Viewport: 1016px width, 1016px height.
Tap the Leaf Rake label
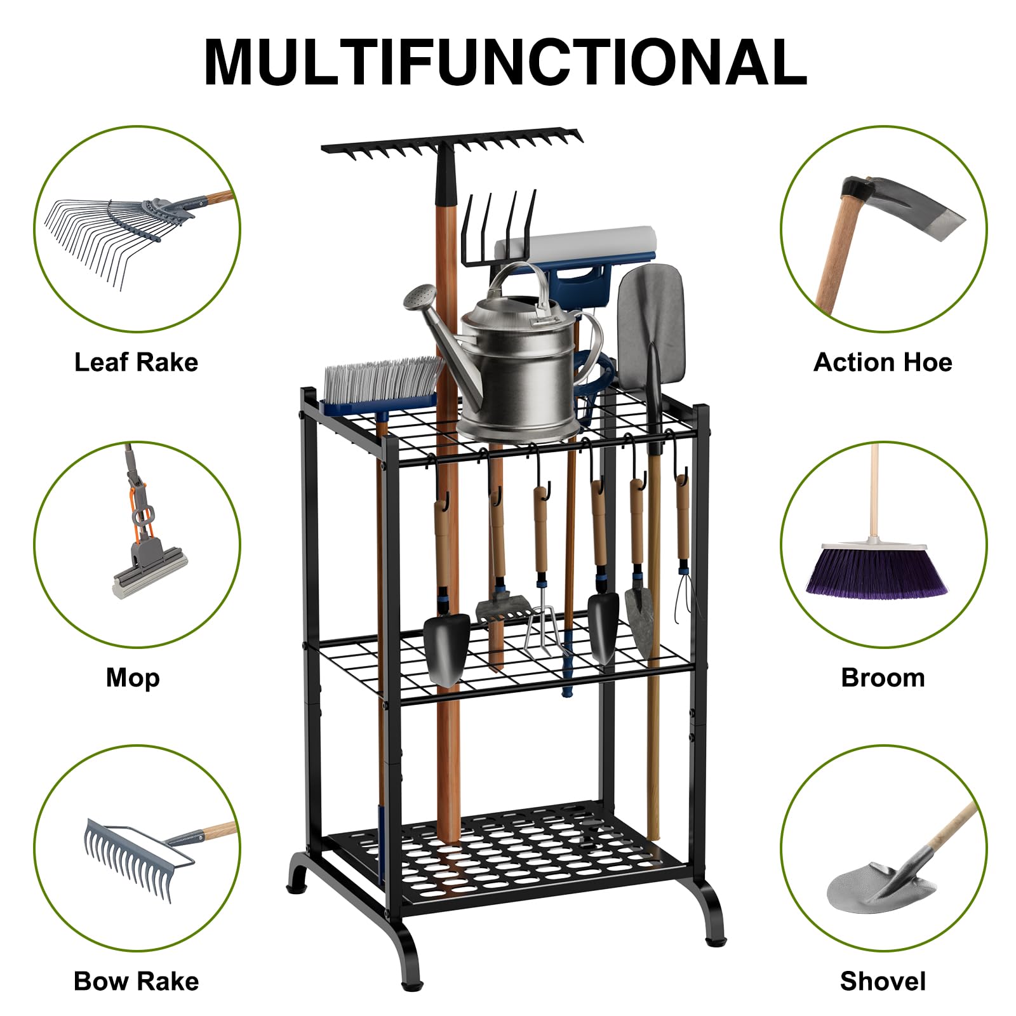[137, 362]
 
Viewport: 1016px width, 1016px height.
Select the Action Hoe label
[883, 362]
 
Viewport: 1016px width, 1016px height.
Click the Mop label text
[133, 678]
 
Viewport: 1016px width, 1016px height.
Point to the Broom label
[883, 678]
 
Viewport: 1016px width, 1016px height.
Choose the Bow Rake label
[137, 981]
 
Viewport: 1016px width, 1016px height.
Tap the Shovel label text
[883, 981]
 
